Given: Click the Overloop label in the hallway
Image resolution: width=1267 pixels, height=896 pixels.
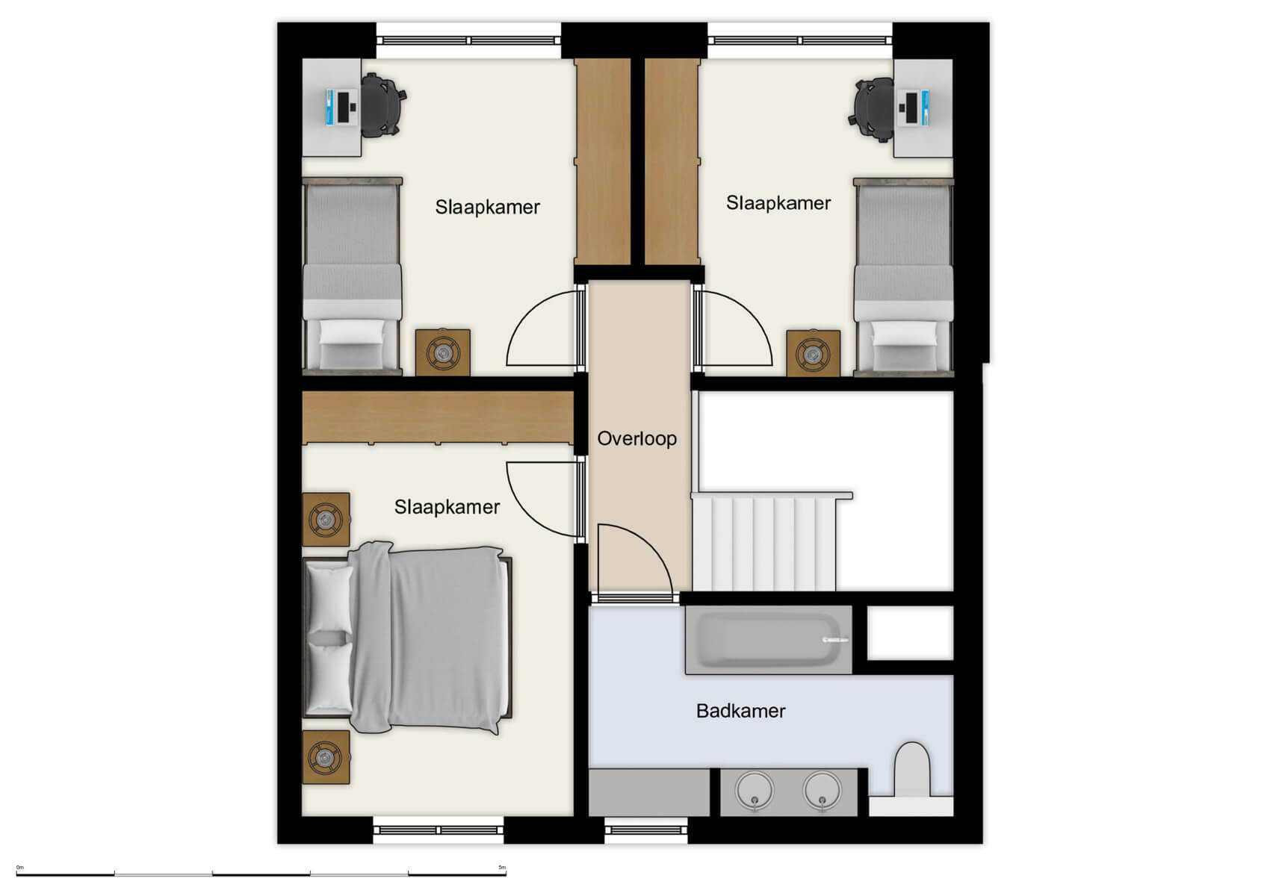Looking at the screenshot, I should (x=636, y=438).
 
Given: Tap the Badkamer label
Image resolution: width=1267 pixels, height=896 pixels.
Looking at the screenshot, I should (x=740, y=711).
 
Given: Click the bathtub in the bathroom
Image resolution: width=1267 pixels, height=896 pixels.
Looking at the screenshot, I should (x=767, y=641).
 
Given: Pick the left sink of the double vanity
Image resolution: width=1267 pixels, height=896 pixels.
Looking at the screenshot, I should (x=755, y=791).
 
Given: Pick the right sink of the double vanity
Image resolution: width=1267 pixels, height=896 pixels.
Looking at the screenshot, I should (x=822, y=791).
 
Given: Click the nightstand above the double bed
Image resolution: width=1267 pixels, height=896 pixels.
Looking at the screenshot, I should (x=326, y=519).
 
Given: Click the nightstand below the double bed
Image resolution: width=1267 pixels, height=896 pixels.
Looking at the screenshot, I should (x=326, y=757).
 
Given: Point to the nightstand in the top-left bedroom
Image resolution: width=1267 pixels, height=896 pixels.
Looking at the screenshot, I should (x=443, y=352).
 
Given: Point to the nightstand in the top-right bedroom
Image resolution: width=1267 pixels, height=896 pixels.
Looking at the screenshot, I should (x=813, y=353).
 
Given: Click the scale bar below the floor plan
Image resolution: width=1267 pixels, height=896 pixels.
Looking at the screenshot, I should (x=261, y=873).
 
